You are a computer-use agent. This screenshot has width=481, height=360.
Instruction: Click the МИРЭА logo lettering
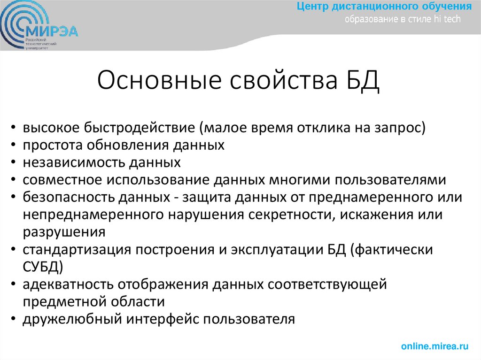pyautogui.click(x=52, y=32)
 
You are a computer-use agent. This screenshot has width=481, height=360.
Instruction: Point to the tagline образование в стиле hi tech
pyautogui.click(x=403, y=19)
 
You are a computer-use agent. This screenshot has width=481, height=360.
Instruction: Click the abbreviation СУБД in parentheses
pyautogui.click(x=40, y=267)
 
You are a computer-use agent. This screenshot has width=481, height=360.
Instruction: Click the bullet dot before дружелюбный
pyautogui.click(x=16, y=320)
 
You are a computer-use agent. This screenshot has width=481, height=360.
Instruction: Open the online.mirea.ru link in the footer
pyautogui.click(x=435, y=346)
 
